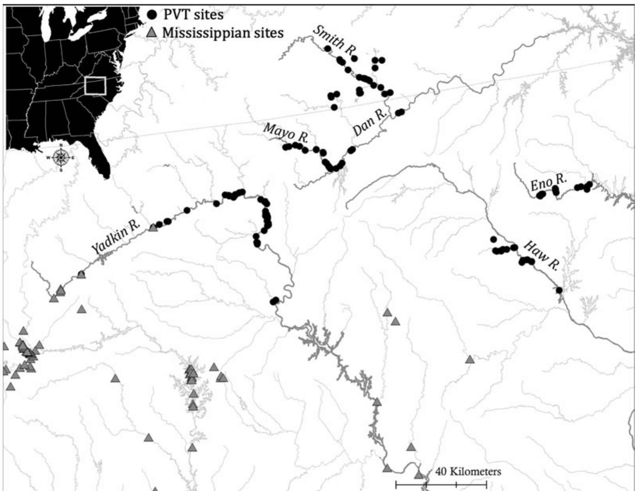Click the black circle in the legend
click(152, 15)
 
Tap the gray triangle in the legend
click(152, 33)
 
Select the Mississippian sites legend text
click(223, 33)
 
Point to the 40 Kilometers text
click(468, 471)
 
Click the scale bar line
click(441, 484)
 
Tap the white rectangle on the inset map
click(95, 86)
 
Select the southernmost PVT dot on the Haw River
click(559, 290)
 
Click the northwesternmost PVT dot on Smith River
click(327, 49)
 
